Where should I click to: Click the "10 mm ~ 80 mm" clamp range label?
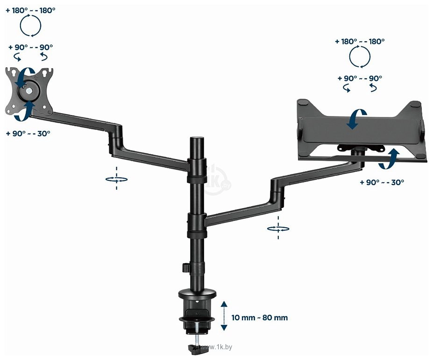(259, 317)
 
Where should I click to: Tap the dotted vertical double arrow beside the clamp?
(224, 316)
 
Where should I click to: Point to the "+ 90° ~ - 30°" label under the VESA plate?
(28, 134)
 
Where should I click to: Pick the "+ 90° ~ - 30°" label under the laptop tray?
(382, 182)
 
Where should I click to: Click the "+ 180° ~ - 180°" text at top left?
(30, 10)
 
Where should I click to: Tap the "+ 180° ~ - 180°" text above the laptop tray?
(360, 42)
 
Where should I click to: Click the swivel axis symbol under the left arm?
(116, 179)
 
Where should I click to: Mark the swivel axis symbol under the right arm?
(278, 228)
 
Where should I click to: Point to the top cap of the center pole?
(197, 138)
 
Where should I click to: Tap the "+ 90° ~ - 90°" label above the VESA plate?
(30, 47)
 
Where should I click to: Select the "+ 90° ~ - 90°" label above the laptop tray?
(360, 79)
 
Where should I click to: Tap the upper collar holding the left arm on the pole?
(197, 171)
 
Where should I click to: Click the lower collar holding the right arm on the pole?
(197, 226)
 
